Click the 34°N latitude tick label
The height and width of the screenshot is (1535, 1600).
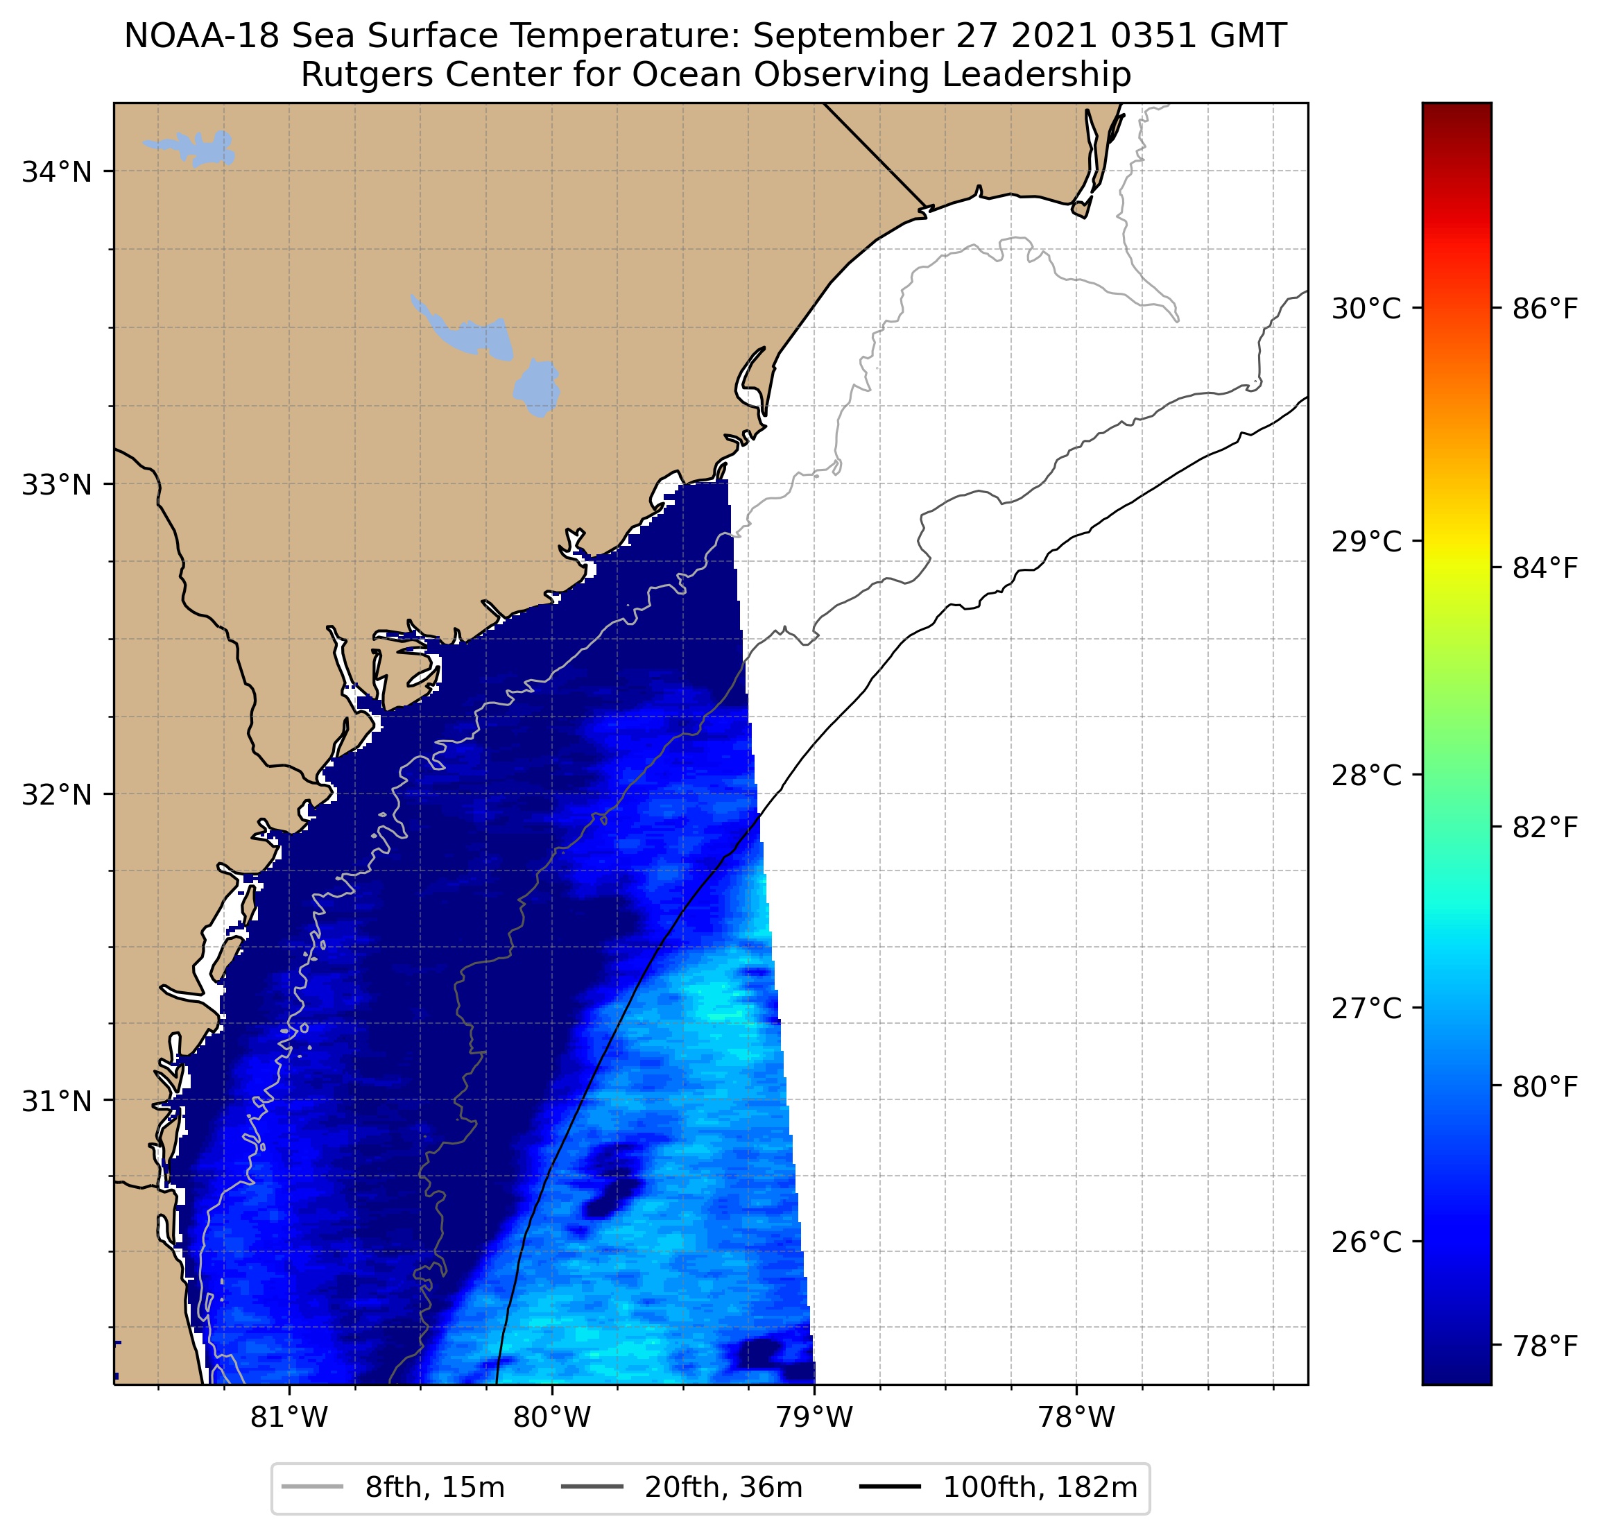click(56, 172)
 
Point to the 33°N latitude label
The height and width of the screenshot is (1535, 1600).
click(56, 485)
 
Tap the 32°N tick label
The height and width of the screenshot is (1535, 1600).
click(56, 794)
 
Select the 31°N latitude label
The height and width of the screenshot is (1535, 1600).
click(56, 1101)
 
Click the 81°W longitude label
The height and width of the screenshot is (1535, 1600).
click(289, 1417)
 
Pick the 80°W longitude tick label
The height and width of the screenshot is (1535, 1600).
click(552, 1417)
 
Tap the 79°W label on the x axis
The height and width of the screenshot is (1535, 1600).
click(814, 1417)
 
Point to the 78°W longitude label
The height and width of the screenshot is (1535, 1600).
click(1076, 1417)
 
